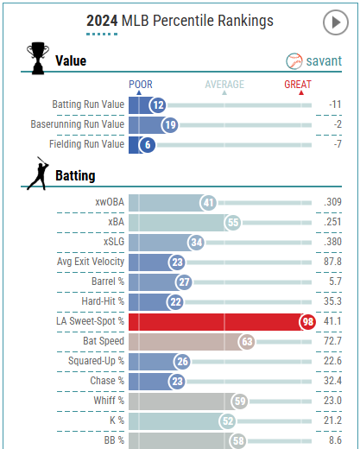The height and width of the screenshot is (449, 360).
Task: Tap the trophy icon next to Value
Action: pos(36,60)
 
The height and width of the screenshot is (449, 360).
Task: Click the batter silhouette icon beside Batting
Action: pos(36,175)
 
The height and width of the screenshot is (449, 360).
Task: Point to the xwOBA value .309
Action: pos(332,202)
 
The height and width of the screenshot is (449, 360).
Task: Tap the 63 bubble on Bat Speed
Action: pos(246,341)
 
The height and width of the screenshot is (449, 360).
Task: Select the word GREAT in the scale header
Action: pos(300,85)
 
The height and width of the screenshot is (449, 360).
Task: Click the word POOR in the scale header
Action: pos(141,85)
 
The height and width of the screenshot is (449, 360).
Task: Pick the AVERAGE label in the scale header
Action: pos(224,85)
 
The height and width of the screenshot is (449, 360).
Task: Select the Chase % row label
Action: pos(107,381)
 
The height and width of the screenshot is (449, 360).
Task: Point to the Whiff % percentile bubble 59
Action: pos(241,401)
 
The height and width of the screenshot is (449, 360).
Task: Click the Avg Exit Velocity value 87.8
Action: pos(332,262)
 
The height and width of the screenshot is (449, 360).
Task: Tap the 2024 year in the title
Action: pos(102,20)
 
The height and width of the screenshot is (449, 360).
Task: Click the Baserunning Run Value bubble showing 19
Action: pos(169,125)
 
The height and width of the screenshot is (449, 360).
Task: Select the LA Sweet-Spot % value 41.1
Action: pos(332,321)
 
